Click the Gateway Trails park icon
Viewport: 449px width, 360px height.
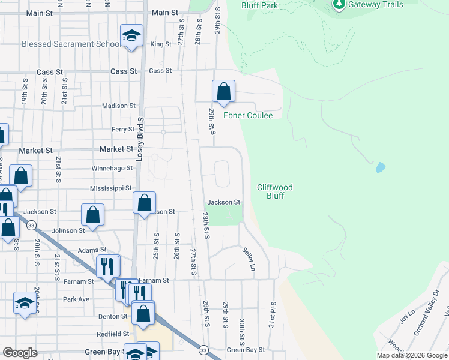point(339,5)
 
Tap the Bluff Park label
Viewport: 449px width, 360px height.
point(259,5)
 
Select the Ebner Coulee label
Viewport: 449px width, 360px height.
point(248,115)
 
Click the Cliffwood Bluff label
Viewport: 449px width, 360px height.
point(275,191)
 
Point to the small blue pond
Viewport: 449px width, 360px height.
point(380,167)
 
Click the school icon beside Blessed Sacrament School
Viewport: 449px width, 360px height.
point(131,35)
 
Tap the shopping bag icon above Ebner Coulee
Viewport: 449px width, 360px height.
point(223,92)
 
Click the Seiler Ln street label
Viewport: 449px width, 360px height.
point(248,259)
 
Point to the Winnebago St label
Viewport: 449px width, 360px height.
point(112,169)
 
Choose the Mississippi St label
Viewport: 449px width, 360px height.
point(111,188)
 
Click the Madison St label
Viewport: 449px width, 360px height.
point(119,106)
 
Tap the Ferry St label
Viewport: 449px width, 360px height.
point(122,129)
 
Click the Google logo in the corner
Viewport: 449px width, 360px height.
point(20,353)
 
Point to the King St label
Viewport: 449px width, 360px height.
point(161,44)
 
